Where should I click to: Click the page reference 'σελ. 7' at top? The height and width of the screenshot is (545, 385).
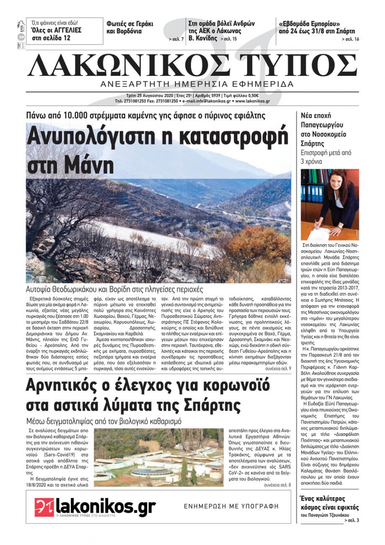coord(178,39)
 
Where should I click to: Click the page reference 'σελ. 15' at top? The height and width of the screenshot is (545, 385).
coord(230,39)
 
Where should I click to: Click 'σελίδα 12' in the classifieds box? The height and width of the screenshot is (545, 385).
coord(57,38)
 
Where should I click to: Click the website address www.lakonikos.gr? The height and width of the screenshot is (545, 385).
coord(253,101)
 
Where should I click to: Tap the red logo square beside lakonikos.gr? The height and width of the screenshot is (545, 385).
coord(44,507)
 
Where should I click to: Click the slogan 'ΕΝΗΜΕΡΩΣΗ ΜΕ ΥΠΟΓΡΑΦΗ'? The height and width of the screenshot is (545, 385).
coord(231,506)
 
